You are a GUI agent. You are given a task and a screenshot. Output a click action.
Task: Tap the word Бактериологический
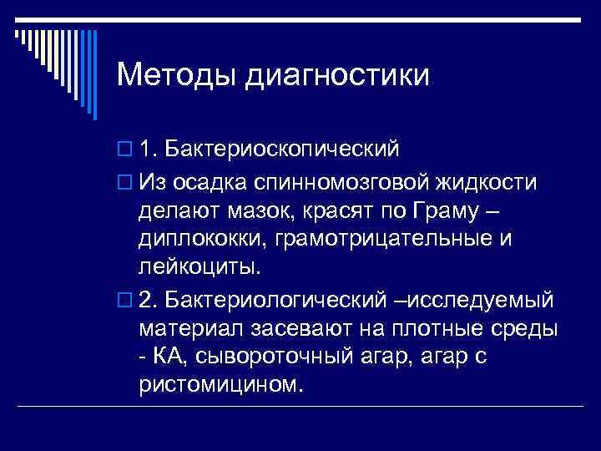pyautogui.click(x=275, y=298)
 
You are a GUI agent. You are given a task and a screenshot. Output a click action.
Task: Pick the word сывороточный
pyautogui.click(x=266, y=357)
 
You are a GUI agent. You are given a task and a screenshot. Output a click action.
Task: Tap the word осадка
pyautogui.click(x=218, y=181)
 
